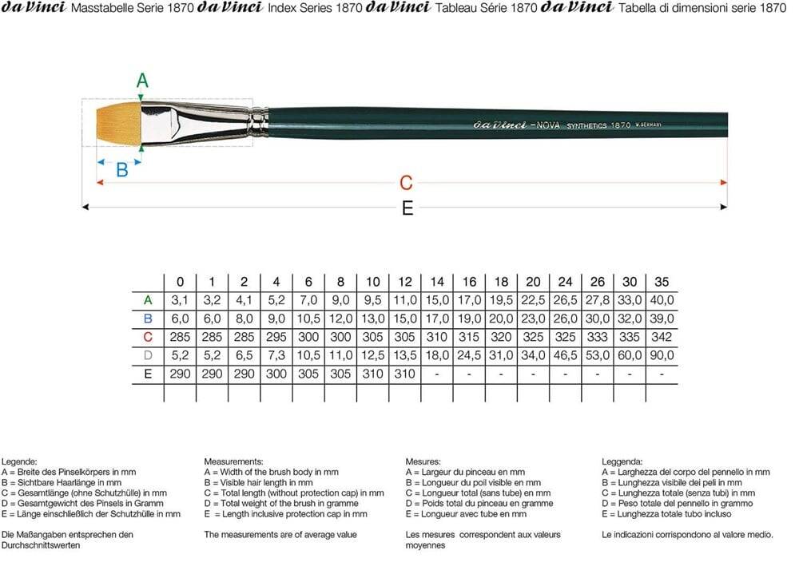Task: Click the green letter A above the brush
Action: [x=142, y=81]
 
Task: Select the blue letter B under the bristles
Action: [x=122, y=170]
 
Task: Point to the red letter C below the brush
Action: [x=406, y=184]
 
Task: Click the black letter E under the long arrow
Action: [x=407, y=209]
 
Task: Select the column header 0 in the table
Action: [x=181, y=282]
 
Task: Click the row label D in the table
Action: [x=148, y=355]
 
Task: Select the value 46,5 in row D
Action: [x=566, y=355]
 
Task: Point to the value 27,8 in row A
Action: [x=598, y=300]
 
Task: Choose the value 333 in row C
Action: [x=598, y=337]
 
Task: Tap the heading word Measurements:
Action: [x=234, y=461]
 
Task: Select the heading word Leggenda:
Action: [x=622, y=461]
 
